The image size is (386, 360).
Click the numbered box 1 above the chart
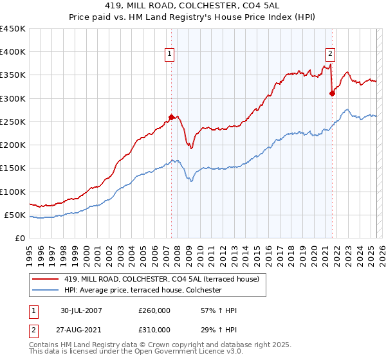(170, 55)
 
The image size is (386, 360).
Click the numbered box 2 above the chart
(330, 55)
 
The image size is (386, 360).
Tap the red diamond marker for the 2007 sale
(172, 117)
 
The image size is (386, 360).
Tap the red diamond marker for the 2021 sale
(332, 93)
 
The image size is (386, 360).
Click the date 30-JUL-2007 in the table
(82, 310)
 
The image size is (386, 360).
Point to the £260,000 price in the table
(154, 310)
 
